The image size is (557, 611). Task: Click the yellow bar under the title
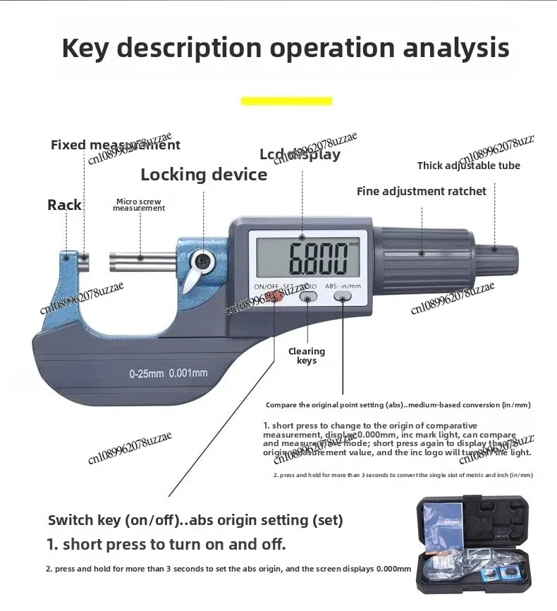tap(286, 101)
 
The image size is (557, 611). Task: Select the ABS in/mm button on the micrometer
tap(343, 299)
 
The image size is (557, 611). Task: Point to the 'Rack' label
tap(64, 205)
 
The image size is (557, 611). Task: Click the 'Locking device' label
tap(204, 175)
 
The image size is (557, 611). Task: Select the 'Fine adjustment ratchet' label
tap(421, 191)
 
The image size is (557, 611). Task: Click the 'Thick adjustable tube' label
tap(468, 166)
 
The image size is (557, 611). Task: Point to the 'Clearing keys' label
tap(307, 356)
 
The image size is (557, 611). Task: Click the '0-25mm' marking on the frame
tap(146, 374)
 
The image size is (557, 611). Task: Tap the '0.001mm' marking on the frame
tap(188, 374)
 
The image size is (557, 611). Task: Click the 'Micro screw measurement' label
tap(139, 204)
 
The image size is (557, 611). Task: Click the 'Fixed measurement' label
tap(115, 145)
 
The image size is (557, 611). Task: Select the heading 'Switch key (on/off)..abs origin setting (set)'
tap(195, 520)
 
